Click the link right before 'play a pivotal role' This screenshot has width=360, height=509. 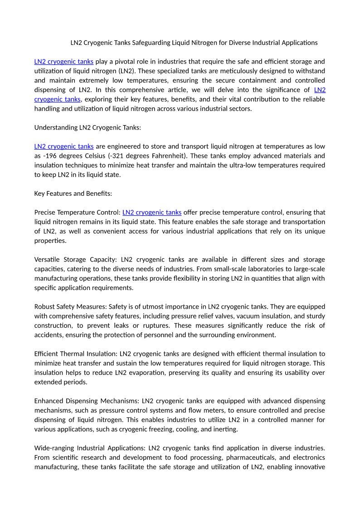coord(64,61)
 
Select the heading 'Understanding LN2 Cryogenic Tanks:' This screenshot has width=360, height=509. coord(88,127)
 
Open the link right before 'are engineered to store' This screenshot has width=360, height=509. coord(64,146)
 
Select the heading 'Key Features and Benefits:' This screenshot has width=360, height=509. coord(73,194)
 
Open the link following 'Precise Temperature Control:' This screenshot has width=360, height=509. coord(152,212)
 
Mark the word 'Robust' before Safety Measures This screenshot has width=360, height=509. coord(44,307)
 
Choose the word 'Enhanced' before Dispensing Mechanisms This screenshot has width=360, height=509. coord(49,401)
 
